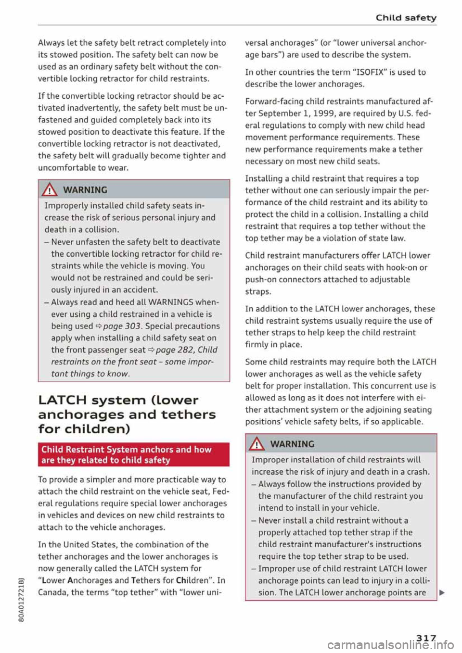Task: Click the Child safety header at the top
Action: point(406,18)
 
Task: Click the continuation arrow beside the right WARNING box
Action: point(442,593)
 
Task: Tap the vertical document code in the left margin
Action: point(20,601)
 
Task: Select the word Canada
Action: point(53,592)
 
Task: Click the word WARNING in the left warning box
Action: point(85,190)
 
